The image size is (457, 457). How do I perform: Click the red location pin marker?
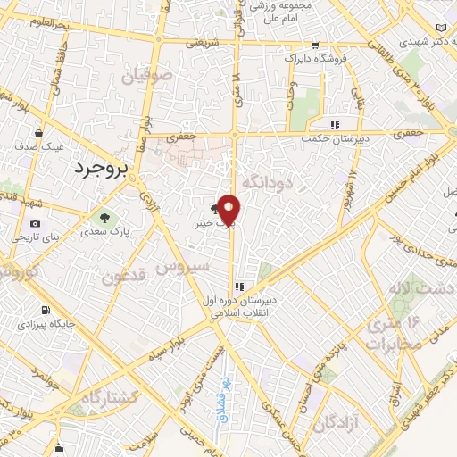230,211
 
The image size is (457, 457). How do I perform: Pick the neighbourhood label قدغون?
123,278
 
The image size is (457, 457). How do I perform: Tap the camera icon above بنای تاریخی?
35,223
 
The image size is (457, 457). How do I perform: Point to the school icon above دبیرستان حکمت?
336,125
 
